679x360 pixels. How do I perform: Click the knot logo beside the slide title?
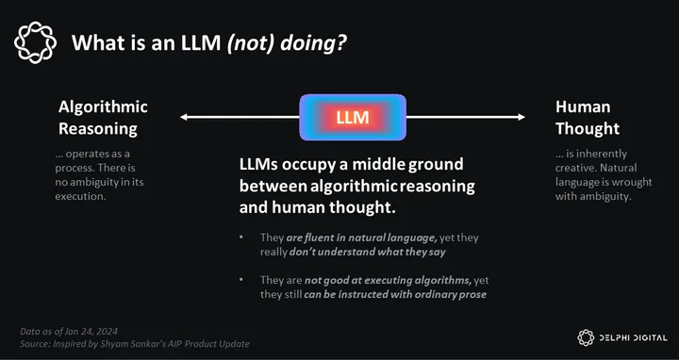click(x=35, y=42)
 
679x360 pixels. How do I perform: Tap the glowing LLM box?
click(x=353, y=117)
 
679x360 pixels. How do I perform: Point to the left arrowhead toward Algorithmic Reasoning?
click(x=184, y=117)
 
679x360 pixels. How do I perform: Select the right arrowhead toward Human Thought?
click(x=521, y=117)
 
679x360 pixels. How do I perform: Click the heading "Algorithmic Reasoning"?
click(x=103, y=118)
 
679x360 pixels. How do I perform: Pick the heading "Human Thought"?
click(x=588, y=118)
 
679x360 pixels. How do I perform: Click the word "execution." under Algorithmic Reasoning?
click(x=80, y=196)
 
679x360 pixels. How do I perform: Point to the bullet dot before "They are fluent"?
click(x=241, y=237)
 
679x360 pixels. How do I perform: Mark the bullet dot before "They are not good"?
click(x=241, y=280)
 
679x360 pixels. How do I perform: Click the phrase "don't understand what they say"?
click(x=367, y=252)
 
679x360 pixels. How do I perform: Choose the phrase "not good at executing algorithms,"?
click(x=388, y=281)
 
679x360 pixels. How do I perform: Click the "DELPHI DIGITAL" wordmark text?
click(x=633, y=338)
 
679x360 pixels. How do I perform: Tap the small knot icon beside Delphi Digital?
click(x=586, y=337)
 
